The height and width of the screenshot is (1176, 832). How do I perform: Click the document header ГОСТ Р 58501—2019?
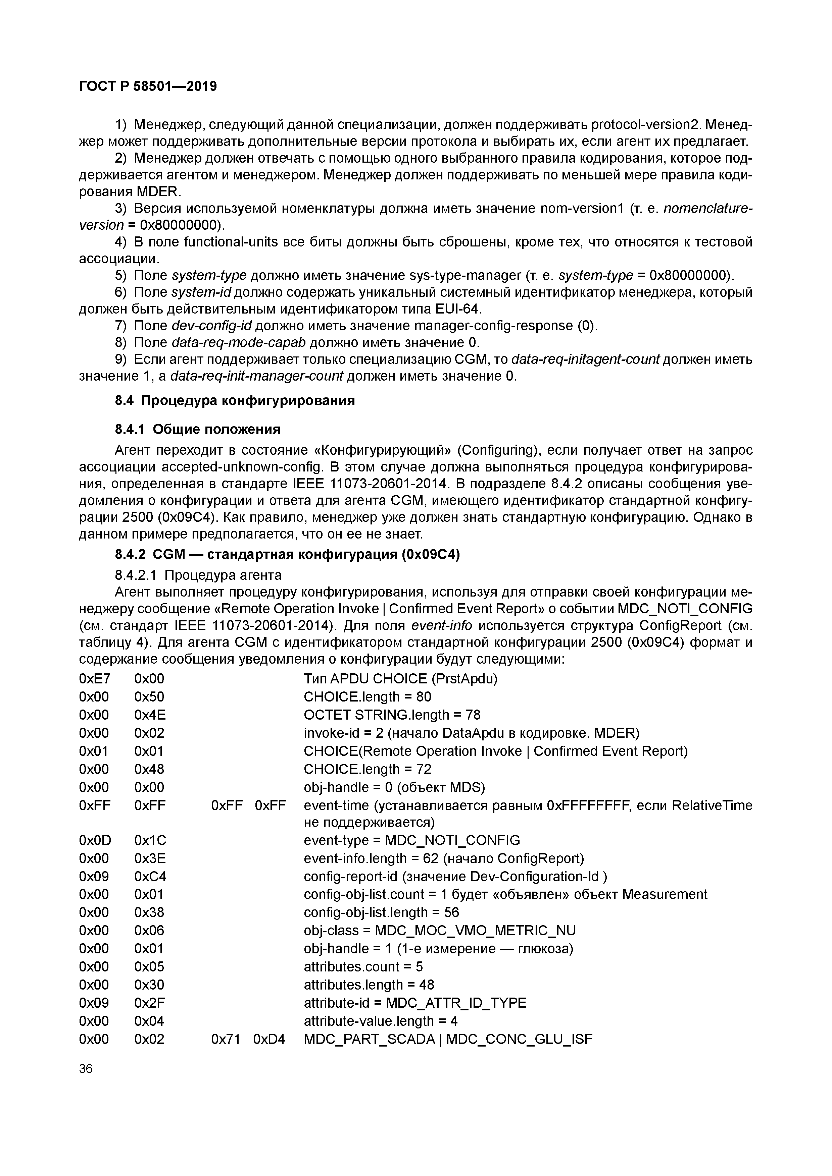point(148,86)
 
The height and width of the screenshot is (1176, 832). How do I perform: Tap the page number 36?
point(86,1068)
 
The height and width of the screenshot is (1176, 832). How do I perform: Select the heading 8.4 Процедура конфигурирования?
point(234,400)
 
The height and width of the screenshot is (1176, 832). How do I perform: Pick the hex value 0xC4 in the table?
point(150,876)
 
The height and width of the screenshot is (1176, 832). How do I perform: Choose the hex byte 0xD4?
point(269,1039)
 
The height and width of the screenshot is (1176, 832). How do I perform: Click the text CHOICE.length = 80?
point(367,696)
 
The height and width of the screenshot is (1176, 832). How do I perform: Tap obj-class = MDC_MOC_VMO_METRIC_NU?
point(439,930)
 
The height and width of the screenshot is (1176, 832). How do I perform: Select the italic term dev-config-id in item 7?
point(211,326)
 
